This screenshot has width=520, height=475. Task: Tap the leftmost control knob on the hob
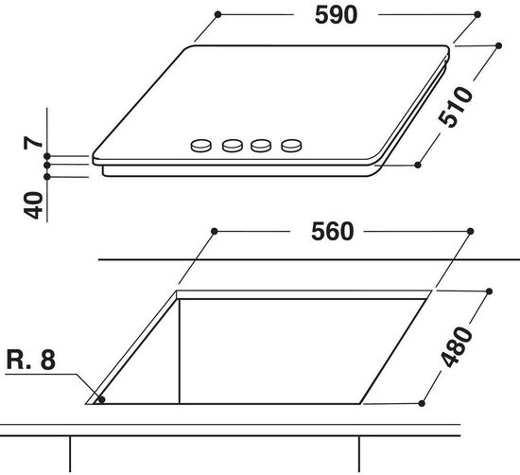pos(202,146)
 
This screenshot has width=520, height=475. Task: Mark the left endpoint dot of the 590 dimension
pos(217,15)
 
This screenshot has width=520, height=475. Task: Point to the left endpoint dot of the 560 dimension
pos(215,231)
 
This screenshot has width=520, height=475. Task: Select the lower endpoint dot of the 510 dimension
pos(419,164)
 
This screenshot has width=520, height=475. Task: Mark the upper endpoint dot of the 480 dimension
pos(490,291)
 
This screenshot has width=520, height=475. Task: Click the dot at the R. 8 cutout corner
pos(101,399)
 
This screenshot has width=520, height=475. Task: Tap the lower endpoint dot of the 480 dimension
pos(416,401)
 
